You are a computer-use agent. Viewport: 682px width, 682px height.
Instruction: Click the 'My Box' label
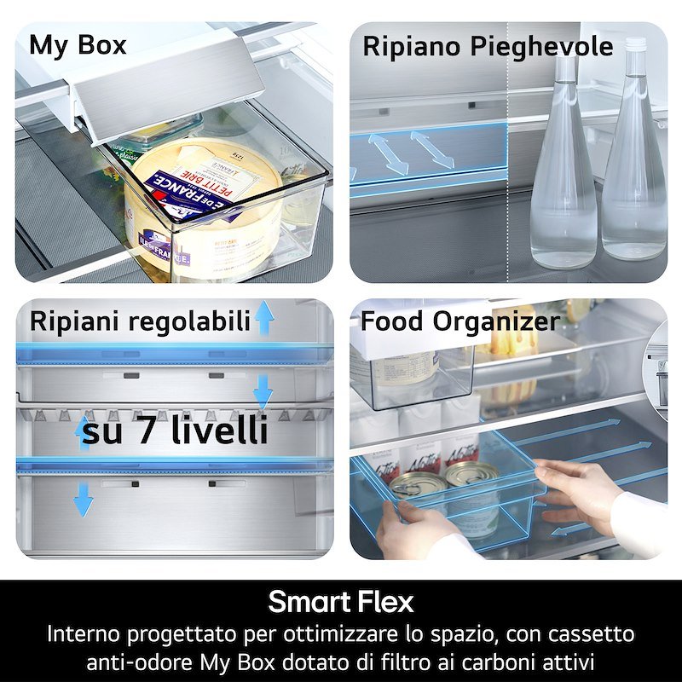point(78,45)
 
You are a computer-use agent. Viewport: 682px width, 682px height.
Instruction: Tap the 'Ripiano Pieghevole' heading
point(488,47)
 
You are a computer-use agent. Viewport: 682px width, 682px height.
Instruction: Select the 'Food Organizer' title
point(460,322)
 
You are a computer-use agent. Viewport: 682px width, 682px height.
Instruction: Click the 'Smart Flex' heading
point(341,602)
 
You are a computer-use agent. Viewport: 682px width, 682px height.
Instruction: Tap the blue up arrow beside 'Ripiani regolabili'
point(264,317)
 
